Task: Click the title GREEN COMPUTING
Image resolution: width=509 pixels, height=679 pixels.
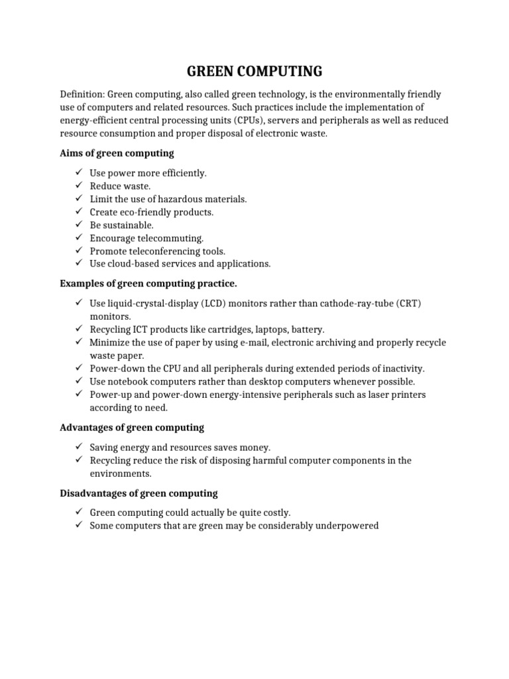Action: (254, 71)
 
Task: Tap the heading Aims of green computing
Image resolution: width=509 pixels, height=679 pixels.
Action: (117, 153)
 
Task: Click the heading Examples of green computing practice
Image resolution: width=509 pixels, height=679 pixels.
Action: (148, 284)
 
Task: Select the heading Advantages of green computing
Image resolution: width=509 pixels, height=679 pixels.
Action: (132, 428)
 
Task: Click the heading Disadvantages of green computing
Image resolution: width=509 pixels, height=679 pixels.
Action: (139, 493)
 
